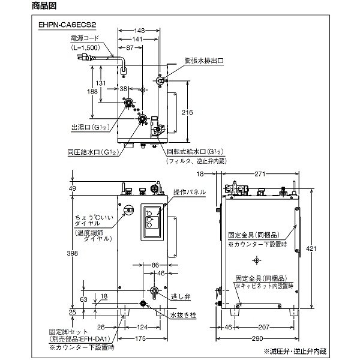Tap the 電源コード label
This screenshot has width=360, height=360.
click(x=85, y=38)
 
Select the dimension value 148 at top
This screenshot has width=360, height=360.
click(x=139, y=30)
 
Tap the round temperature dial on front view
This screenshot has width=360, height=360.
click(x=129, y=211)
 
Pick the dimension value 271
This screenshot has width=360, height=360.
click(x=259, y=174)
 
